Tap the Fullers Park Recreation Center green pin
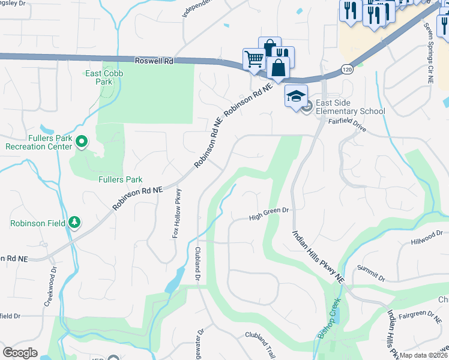82,142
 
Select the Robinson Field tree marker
74,222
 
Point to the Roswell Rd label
154,61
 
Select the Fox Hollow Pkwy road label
176,213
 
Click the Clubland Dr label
197,264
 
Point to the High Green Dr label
270,214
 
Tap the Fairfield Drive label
347,124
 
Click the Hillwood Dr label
426,238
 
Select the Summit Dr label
371,274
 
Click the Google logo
20,352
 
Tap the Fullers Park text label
121,179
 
